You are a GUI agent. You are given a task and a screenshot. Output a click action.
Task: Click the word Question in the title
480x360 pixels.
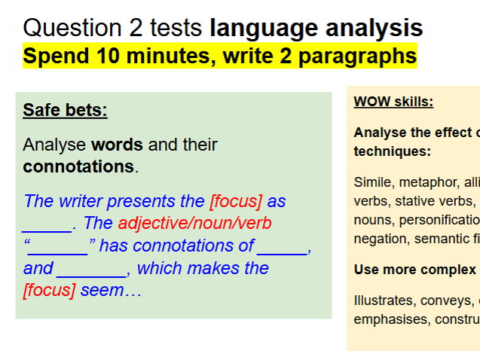(72, 29)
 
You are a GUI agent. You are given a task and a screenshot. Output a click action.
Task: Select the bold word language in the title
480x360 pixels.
(257, 29)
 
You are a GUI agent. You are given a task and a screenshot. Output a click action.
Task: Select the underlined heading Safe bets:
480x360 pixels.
(65, 111)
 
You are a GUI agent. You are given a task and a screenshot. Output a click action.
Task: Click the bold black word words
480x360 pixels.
(117, 145)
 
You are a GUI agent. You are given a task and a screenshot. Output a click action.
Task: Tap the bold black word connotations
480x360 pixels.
(78, 166)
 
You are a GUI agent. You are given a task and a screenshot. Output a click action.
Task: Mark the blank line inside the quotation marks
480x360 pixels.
(58, 248)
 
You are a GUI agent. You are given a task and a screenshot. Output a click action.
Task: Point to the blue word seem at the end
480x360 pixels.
(101, 291)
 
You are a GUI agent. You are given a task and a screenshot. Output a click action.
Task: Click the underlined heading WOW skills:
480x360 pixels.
(393, 102)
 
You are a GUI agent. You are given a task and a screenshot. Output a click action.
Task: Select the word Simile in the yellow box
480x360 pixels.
(372, 182)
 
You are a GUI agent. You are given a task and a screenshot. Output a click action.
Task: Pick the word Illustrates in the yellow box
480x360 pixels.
(384, 300)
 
